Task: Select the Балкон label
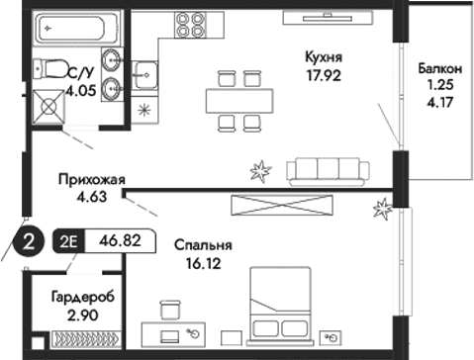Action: pos(438,69)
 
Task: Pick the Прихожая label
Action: pos(90,179)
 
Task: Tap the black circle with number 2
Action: pos(31,242)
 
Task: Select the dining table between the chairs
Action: pos(238,99)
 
